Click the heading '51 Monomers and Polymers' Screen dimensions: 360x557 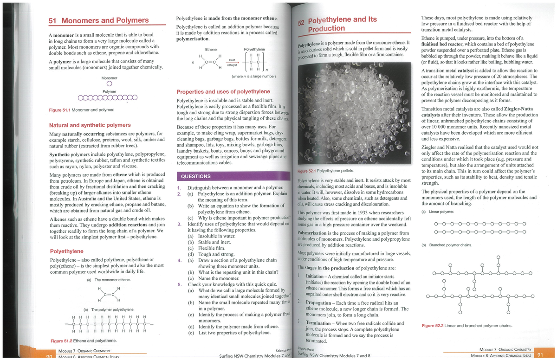pos(99,20)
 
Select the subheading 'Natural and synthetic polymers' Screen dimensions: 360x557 pos(90,125)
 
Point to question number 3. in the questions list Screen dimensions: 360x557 pos(180,224)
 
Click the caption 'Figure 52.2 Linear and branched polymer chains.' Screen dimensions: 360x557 pos(467,326)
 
